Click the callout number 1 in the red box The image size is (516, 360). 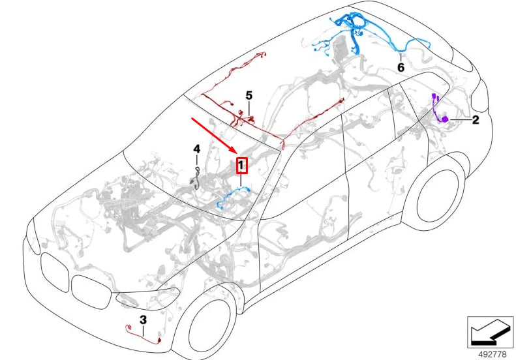241,166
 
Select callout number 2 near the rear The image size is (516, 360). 476,120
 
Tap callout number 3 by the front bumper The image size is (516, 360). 143,320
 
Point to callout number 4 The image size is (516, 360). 196,150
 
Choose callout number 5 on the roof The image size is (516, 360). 249,96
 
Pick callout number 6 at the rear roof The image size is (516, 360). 401,67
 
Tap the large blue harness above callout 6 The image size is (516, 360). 356,29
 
